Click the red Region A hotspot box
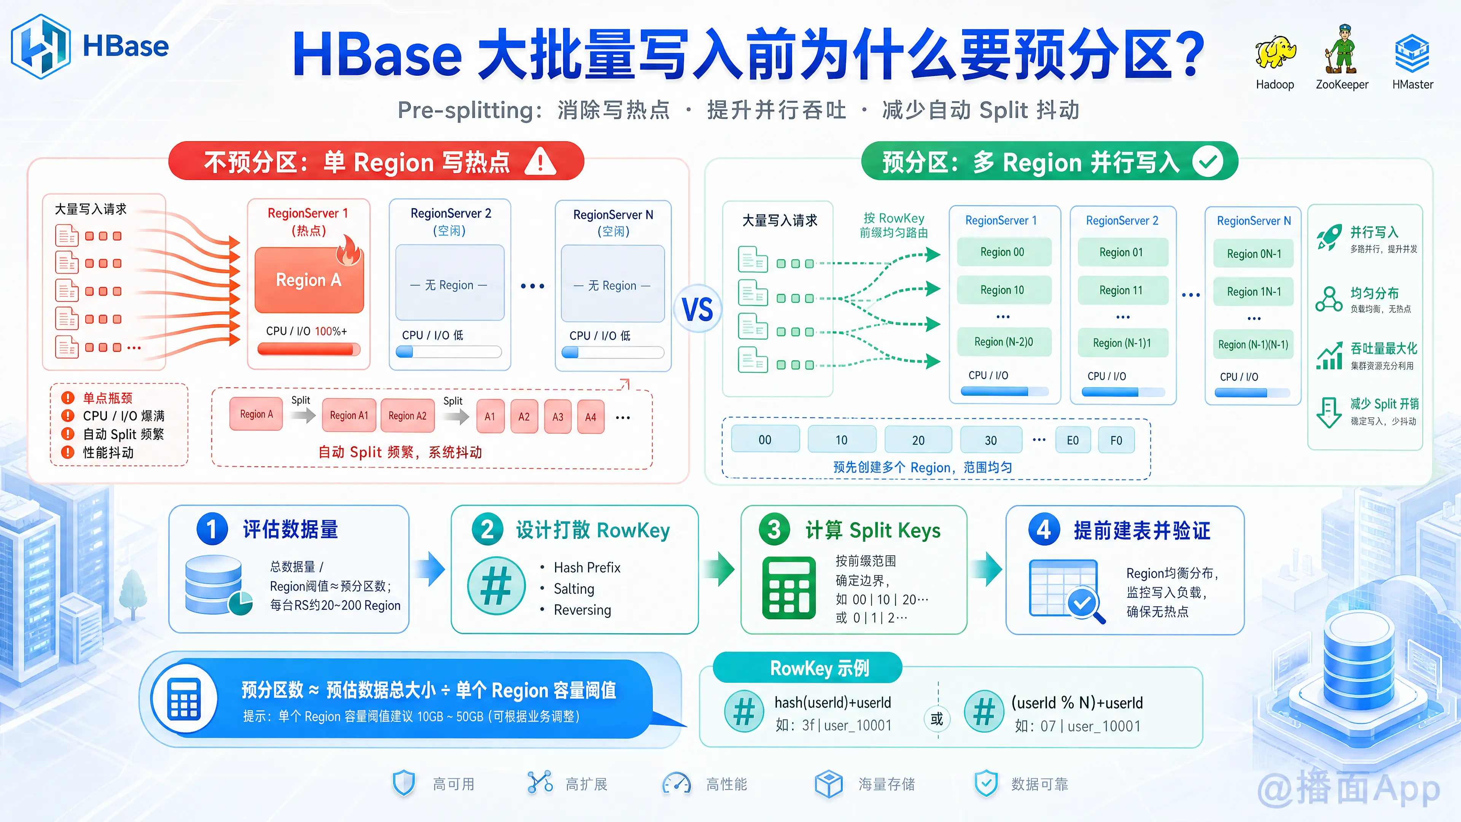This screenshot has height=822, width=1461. tap(309, 280)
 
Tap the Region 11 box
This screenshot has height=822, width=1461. tap(1121, 290)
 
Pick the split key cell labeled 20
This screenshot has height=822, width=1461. tap(918, 440)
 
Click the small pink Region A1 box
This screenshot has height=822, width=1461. tap(349, 415)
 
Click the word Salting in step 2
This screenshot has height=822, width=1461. tap(574, 589)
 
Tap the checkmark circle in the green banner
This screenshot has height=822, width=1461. tap(1208, 162)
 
